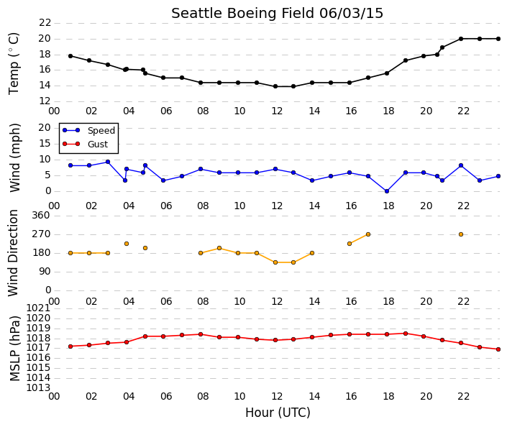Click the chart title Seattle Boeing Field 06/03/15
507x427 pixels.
(277, 14)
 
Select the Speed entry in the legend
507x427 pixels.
(89, 130)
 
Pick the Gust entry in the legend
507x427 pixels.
(86, 144)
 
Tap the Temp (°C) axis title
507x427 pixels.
(14, 63)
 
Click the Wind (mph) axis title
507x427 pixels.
(15, 157)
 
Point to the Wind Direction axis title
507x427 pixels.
(13, 253)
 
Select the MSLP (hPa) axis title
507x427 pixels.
(15, 349)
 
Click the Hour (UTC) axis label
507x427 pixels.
(278, 413)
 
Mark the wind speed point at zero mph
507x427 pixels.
(387, 191)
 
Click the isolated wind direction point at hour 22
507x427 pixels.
(461, 234)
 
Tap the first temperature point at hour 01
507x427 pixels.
(70, 56)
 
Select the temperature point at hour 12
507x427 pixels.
(275, 86)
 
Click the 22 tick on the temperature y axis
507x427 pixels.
(45, 22)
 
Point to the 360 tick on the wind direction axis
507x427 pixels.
(41, 215)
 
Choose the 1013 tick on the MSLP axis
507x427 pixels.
(38, 387)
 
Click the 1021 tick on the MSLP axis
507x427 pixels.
(38, 308)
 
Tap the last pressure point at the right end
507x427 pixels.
(498, 349)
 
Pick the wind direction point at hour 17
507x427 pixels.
(368, 234)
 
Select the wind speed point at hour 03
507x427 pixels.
(108, 162)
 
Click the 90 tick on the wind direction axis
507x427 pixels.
(45, 272)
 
